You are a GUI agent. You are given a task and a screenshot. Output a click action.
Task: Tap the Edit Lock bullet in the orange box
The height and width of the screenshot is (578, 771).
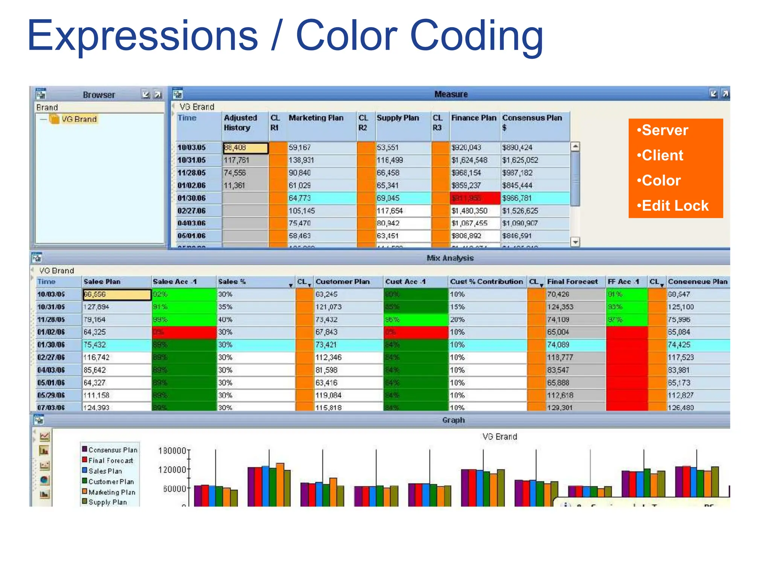click(x=675, y=206)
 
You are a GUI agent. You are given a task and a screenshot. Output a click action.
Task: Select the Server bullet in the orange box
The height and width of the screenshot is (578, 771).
click(x=665, y=130)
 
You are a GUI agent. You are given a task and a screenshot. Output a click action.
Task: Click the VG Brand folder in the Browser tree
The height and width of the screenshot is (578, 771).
click(x=79, y=119)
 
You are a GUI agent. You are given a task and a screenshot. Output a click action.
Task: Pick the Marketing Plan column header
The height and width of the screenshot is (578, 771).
click(x=316, y=118)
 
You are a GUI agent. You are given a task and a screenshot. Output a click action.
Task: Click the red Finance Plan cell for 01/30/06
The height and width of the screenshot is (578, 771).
click(x=475, y=198)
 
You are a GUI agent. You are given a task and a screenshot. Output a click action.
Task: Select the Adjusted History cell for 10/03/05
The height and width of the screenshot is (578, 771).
click(x=245, y=148)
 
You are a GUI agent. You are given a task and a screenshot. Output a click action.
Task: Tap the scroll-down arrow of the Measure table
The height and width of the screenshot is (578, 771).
click(x=575, y=242)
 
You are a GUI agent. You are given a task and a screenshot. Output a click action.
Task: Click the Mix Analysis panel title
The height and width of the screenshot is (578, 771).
click(x=450, y=258)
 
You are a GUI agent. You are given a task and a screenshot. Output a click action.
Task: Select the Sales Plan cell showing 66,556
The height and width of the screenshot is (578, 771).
click(x=117, y=294)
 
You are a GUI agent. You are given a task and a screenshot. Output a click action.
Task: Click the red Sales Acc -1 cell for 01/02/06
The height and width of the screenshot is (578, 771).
click(x=184, y=332)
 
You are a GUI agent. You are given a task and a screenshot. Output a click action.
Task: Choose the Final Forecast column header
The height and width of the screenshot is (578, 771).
click(x=572, y=281)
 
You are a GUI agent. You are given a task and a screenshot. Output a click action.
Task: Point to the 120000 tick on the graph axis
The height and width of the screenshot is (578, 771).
click(x=172, y=470)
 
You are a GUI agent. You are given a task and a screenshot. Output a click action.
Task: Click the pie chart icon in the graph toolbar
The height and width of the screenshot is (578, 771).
click(x=44, y=480)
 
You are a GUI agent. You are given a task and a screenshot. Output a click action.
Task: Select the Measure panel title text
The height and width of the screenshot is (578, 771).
click(x=451, y=94)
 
